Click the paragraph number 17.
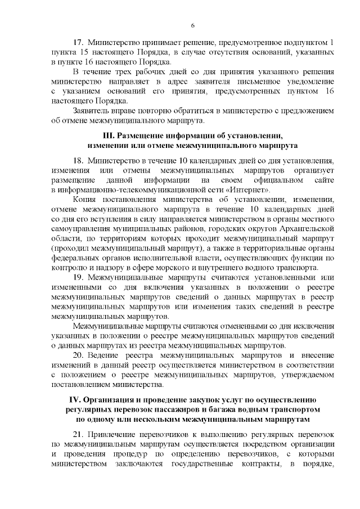[x=79, y=42]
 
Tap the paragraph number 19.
[x=79, y=277]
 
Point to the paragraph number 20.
[x=79, y=355]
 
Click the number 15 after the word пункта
[x=80, y=52]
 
